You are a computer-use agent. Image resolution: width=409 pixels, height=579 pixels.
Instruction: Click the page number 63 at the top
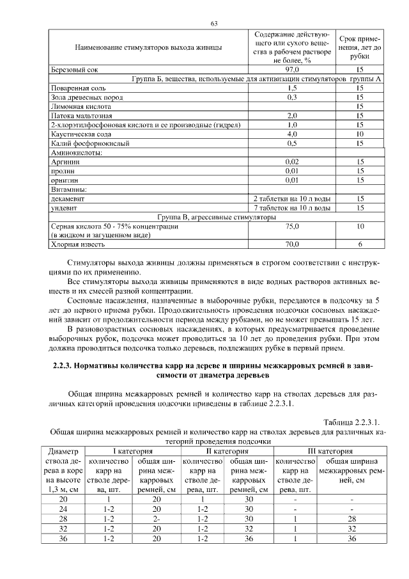(x=214, y=24)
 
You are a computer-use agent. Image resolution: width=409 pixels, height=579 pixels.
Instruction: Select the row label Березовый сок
(x=73, y=70)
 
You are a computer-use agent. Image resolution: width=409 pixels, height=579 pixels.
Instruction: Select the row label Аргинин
(x=65, y=163)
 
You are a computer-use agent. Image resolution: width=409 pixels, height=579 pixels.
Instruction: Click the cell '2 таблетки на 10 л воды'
(x=292, y=199)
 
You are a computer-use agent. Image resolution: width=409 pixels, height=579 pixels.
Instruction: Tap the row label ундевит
(x=65, y=208)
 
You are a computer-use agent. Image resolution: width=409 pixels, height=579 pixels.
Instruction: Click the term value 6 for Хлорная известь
(x=360, y=244)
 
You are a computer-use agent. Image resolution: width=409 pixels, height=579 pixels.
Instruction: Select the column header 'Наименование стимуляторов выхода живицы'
(x=148, y=47)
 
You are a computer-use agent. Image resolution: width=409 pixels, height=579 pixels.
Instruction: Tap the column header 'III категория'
(x=329, y=451)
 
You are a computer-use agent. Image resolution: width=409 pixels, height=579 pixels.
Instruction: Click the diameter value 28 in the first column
(x=63, y=518)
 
